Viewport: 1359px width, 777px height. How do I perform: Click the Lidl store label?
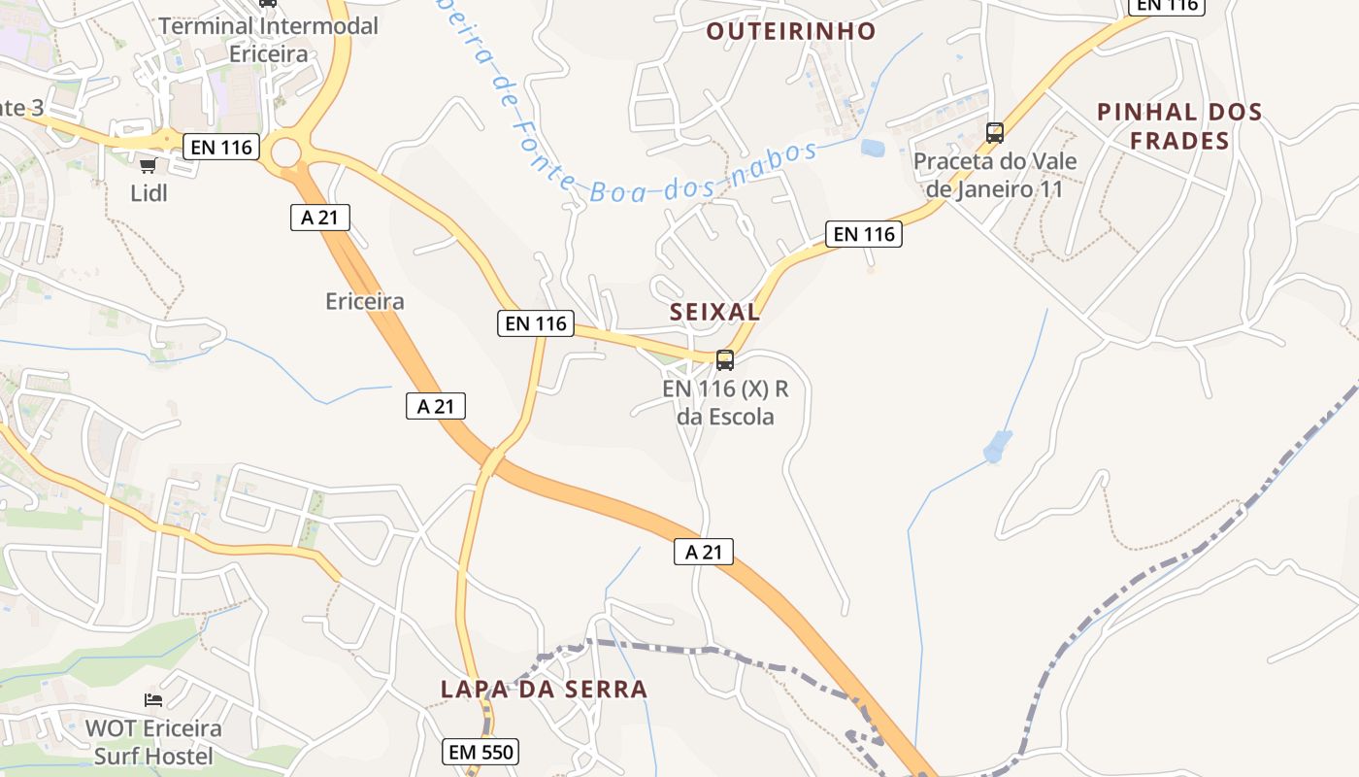(149, 193)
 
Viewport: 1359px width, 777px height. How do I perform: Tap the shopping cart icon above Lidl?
(148, 166)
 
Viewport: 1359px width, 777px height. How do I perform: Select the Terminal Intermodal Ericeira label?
(268, 40)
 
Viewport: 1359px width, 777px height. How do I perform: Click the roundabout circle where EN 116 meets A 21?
(285, 152)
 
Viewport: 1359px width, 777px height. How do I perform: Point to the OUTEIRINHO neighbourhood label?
(790, 31)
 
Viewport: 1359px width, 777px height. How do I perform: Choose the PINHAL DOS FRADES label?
(1179, 126)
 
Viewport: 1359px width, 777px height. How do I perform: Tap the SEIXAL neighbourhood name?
(714, 312)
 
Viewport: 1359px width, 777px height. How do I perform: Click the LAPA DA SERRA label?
(544, 690)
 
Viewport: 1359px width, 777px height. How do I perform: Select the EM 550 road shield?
(481, 751)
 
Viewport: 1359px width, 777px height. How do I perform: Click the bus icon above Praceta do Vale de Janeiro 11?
(994, 133)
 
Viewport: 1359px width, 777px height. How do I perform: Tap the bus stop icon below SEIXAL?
(724, 360)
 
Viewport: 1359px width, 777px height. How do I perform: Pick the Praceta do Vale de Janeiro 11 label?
(995, 175)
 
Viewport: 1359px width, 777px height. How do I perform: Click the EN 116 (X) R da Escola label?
(725, 403)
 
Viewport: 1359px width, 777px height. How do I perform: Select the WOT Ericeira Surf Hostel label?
(153, 741)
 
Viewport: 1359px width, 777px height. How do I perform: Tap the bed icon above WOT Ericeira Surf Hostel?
(153, 700)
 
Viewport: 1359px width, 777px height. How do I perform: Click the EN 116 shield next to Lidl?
(222, 148)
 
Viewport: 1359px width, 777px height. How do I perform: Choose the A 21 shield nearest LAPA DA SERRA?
(703, 552)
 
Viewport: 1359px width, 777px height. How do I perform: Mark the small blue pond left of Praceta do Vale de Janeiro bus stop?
(872, 149)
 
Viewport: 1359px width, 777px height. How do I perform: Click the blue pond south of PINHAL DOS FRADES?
(997, 446)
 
